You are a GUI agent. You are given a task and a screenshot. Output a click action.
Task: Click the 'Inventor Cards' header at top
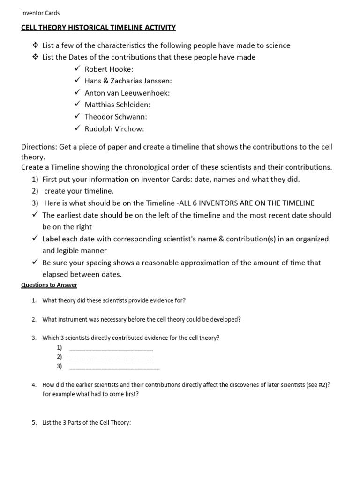coord(40,13)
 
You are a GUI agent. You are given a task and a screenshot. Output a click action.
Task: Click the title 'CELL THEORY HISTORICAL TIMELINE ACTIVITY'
coord(98,28)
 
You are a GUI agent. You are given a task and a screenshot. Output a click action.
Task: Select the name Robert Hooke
coord(108,69)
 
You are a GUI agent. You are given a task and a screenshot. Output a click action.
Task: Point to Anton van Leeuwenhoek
coord(127,93)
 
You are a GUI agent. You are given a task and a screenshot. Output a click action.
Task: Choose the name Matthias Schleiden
coord(117,105)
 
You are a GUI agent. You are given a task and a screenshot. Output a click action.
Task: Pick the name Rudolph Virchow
coord(114,128)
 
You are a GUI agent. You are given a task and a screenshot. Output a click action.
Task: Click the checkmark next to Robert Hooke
coord(78,69)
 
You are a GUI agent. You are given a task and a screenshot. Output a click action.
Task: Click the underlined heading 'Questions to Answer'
coord(49,285)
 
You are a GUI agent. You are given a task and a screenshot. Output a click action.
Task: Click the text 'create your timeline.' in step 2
coord(79,191)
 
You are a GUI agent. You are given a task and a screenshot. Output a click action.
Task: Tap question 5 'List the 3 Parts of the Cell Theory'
coord(87,422)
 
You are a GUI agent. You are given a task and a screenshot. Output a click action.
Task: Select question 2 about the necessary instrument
coord(142,319)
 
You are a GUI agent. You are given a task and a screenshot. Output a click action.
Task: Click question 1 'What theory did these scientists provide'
coord(117,300)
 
